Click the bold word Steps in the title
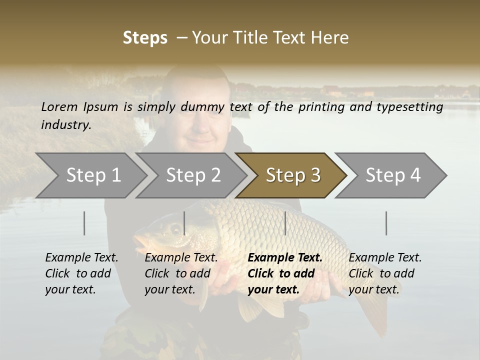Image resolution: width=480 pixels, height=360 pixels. click(x=145, y=38)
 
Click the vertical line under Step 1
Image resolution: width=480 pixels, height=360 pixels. click(x=84, y=223)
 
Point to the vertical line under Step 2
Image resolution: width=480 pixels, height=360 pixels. click(x=184, y=223)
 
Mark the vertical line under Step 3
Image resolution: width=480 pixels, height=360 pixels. click(x=285, y=223)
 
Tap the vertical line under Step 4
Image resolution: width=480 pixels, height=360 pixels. click(x=386, y=223)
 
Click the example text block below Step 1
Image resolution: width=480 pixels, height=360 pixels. click(x=81, y=273)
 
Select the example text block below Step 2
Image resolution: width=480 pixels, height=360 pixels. click(x=181, y=273)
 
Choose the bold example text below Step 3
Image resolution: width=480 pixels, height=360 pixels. click(x=285, y=273)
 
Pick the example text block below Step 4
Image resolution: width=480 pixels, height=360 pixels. click(x=385, y=273)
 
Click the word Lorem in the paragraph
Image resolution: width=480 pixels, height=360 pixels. click(x=59, y=107)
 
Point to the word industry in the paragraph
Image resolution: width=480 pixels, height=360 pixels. click(x=65, y=125)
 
